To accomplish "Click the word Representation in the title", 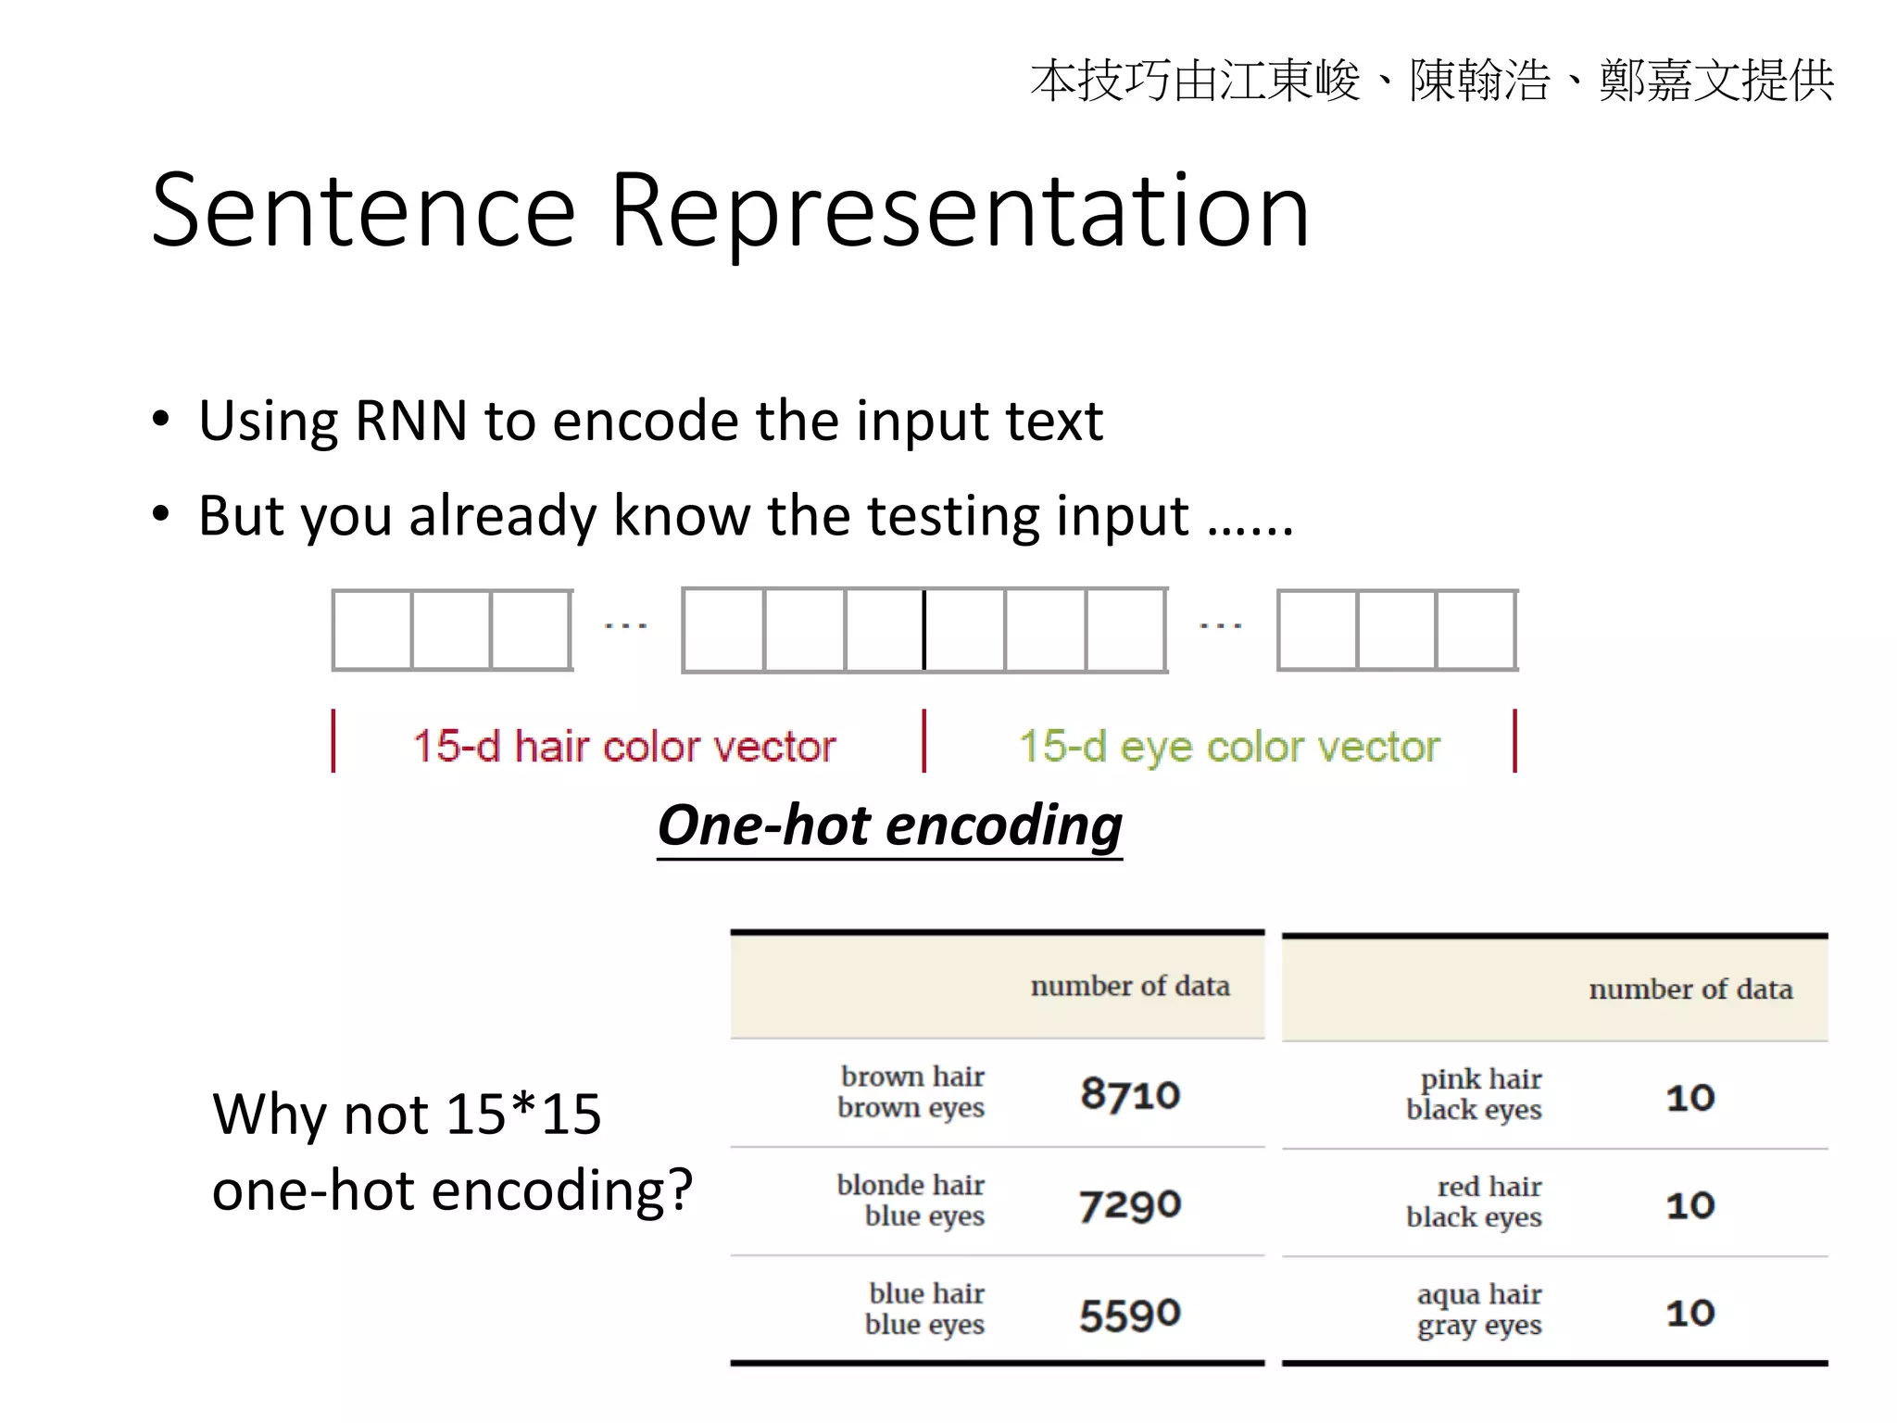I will (x=960, y=213).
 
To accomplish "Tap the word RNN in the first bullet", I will (x=410, y=421).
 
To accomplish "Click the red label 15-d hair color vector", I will (x=623, y=747).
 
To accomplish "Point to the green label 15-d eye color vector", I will (x=1229, y=747).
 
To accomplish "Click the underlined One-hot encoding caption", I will (x=889, y=825).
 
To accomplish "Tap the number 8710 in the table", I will (x=1130, y=1094).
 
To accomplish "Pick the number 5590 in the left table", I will (x=1130, y=1314).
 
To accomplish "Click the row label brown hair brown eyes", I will (x=911, y=1092).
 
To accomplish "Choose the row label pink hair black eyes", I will (x=1475, y=1094).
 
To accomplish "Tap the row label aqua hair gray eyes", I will (x=1479, y=1309).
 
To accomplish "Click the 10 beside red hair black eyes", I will (x=1690, y=1205).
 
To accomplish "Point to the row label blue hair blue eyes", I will (x=924, y=1308).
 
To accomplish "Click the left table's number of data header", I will (x=1130, y=987).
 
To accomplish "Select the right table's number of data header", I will (x=1690, y=989).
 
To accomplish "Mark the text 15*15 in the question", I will (x=523, y=1114).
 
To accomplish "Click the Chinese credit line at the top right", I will (x=1431, y=81).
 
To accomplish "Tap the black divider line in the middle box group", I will (x=923, y=630).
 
